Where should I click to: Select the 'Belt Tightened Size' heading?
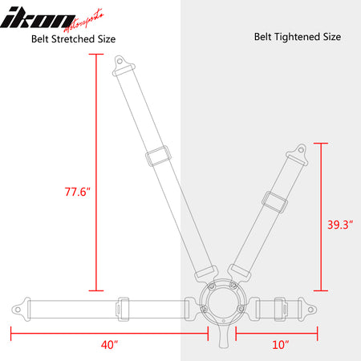click(x=298, y=37)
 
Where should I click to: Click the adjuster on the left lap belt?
click(x=123, y=306)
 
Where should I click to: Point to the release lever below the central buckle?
click(x=221, y=336)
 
